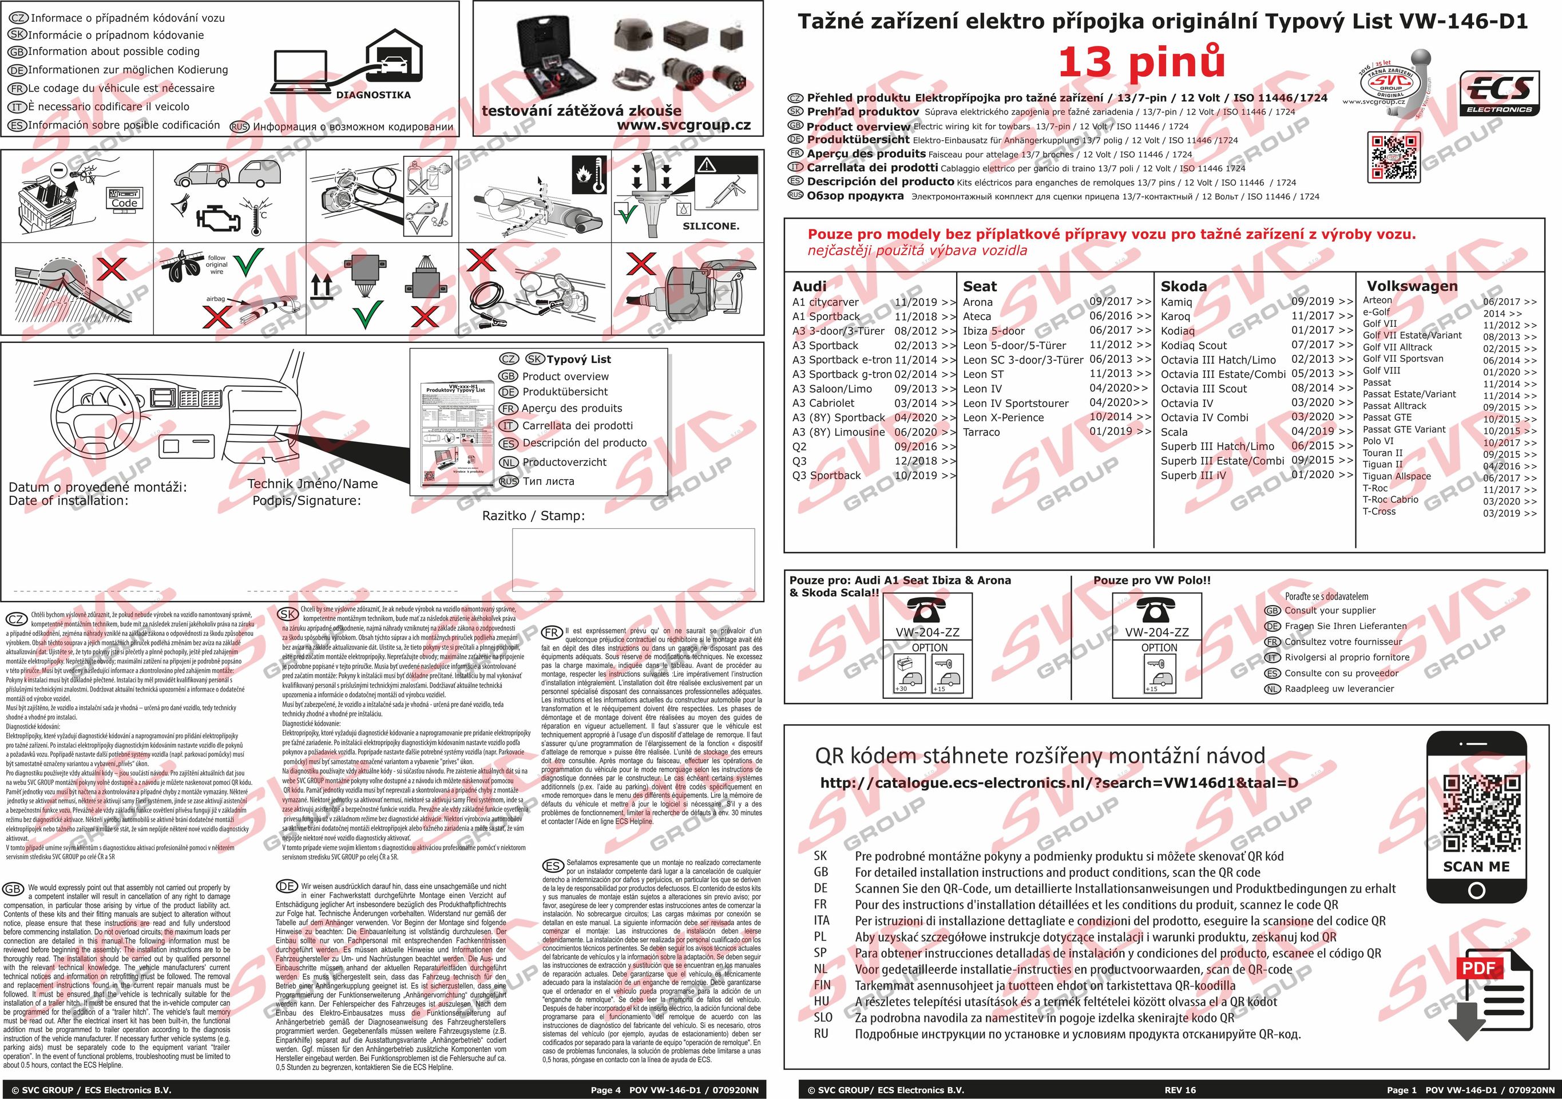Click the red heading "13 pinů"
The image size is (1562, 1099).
click(1141, 62)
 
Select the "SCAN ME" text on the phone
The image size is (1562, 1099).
click(1476, 866)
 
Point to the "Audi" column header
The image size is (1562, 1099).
click(810, 286)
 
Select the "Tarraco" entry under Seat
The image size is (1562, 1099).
click(982, 432)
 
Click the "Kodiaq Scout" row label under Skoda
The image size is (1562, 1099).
click(1194, 345)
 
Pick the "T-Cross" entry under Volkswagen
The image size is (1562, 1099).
click(1379, 511)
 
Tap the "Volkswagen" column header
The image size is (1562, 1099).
click(1412, 286)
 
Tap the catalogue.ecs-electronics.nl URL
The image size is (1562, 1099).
click(1058, 782)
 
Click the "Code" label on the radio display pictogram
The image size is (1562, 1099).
click(125, 203)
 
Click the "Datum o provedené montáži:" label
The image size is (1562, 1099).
click(97, 487)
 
